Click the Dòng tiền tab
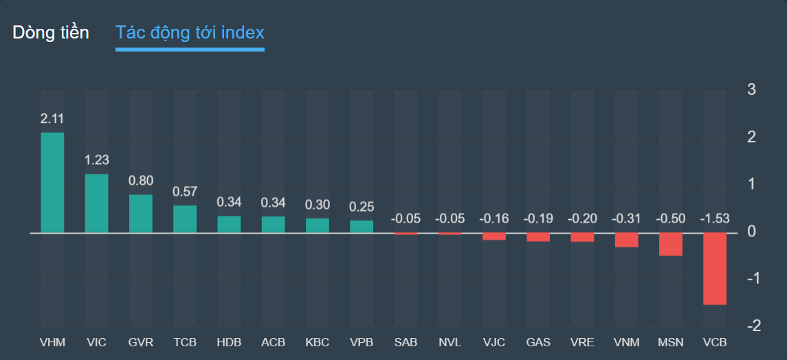(51, 32)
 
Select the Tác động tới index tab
(190, 32)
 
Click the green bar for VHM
(53, 183)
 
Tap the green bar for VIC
(97, 203)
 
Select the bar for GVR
(141, 214)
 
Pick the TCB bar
(185, 219)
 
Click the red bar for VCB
(715, 269)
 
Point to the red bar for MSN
(671, 245)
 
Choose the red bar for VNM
(627, 240)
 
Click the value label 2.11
(53, 119)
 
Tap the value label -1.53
(715, 219)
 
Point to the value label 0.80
(141, 181)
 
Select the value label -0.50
(671, 219)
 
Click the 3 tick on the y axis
(752, 89)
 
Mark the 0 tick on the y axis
(752, 232)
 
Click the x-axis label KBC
(318, 342)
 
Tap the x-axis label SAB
(406, 342)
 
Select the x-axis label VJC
(494, 342)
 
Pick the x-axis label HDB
(229, 342)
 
